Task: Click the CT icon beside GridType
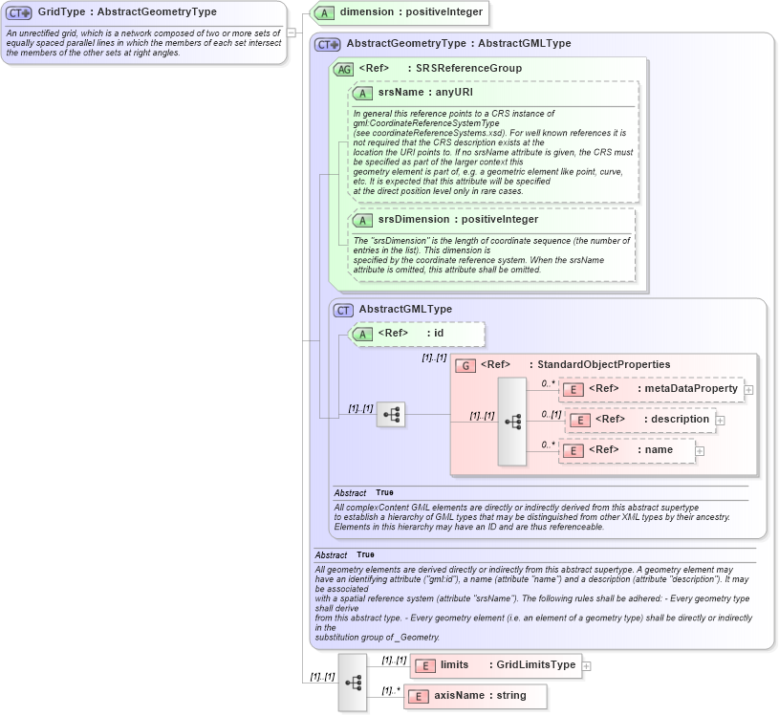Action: pyautogui.click(x=19, y=12)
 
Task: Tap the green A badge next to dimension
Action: pyautogui.click(x=324, y=13)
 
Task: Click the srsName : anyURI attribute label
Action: pyautogui.click(x=424, y=93)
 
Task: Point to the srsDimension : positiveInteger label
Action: pyautogui.click(x=458, y=219)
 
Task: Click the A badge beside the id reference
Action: pyautogui.click(x=362, y=334)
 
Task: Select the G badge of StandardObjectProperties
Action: pyautogui.click(x=465, y=365)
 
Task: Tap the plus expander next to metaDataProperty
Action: pyautogui.click(x=748, y=389)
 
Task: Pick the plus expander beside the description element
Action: pyautogui.click(x=720, y=420)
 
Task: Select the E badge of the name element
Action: pyautogui.click(x=573, y=450)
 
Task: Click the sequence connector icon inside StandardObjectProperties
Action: pyautogui.click(x=512, y=421)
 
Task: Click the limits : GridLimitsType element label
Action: pyautogui.click(x=508, y=664)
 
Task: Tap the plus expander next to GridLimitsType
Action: pyautogui.click(x=586, y=666)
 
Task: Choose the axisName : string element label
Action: pyautogui.click(x=472, y=695)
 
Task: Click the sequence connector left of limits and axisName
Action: pyautogui.click(x=353, y=683)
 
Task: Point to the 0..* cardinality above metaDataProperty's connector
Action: pyautogui.click(x=548, y=382)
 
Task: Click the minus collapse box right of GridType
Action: pyautogui.click(x=292, y=31)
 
